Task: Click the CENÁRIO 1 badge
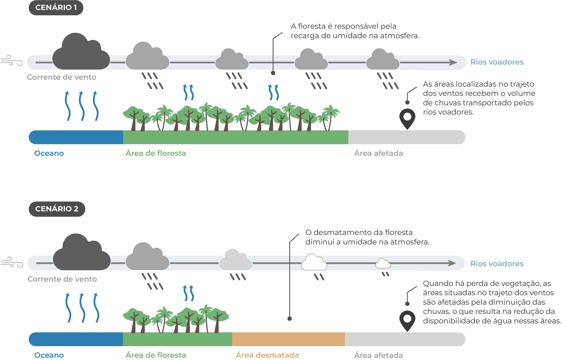point(56,8)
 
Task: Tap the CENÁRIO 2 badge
point(57,209)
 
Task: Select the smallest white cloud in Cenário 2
point(383,264)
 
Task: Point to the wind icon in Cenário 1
point(12,60)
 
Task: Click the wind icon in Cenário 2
point(12,262)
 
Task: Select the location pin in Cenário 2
point(407,320)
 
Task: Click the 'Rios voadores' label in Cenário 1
point(497,62)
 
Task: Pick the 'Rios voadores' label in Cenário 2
point(497,264)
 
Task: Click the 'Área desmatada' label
point(267,355)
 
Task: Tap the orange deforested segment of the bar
point(288,339)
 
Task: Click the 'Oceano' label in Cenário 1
point(49,153)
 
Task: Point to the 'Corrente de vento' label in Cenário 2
point(62,279)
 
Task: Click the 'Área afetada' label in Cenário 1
point(378,153)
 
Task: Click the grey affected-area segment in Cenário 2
point(405,339)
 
